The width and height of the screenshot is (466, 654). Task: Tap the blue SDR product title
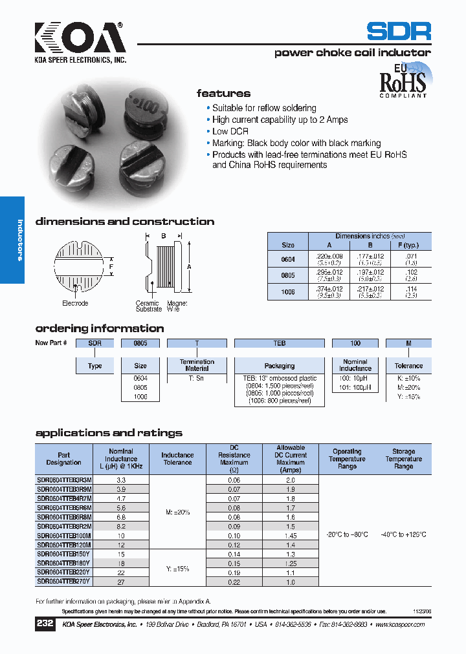(398, 31)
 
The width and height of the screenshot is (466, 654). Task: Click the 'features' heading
(223, 93)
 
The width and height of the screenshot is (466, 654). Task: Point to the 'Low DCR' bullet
(230, 132)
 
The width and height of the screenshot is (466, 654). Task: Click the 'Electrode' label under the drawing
(75, 303)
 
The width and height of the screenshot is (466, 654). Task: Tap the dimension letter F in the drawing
(111, 266)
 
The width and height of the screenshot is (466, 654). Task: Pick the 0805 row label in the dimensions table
(288, 275)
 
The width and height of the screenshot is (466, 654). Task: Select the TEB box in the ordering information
(280, 343)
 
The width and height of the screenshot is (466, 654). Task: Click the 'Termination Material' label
(197, 366)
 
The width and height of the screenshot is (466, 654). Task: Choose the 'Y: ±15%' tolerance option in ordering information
(408, 396)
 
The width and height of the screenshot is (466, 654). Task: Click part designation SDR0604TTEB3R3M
(64, 480)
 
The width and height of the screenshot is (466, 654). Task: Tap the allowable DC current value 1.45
(291, 536)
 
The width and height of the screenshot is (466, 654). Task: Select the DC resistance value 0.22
(234, 582)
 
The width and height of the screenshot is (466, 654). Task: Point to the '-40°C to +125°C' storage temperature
(403, 535)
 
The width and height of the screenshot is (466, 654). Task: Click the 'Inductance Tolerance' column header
(177, 459)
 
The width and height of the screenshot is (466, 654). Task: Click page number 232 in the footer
(45, 624)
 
